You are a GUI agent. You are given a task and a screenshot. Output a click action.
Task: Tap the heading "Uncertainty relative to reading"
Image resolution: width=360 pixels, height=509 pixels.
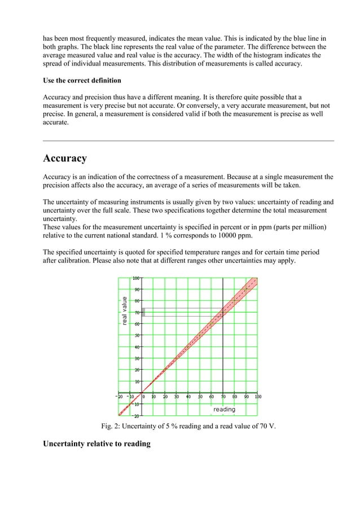click(96, 444)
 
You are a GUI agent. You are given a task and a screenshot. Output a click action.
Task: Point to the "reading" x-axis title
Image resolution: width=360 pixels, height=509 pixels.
click(224, 409)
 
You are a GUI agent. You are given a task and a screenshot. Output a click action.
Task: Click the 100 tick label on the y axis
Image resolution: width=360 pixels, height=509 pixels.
click(136, 278)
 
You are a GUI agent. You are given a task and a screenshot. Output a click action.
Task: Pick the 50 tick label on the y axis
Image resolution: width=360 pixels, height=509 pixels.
click(137, 336)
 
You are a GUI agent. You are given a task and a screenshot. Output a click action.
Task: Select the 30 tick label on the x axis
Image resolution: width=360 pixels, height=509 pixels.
click(176, 397)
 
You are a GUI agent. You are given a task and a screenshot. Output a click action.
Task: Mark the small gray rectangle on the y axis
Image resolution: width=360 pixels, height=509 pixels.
click(143, 312)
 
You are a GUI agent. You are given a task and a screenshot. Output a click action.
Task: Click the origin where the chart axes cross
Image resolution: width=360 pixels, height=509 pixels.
click(142, 393)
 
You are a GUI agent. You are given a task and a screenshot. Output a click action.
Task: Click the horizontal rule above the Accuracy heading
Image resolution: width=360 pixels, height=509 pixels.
click(188, 141)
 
